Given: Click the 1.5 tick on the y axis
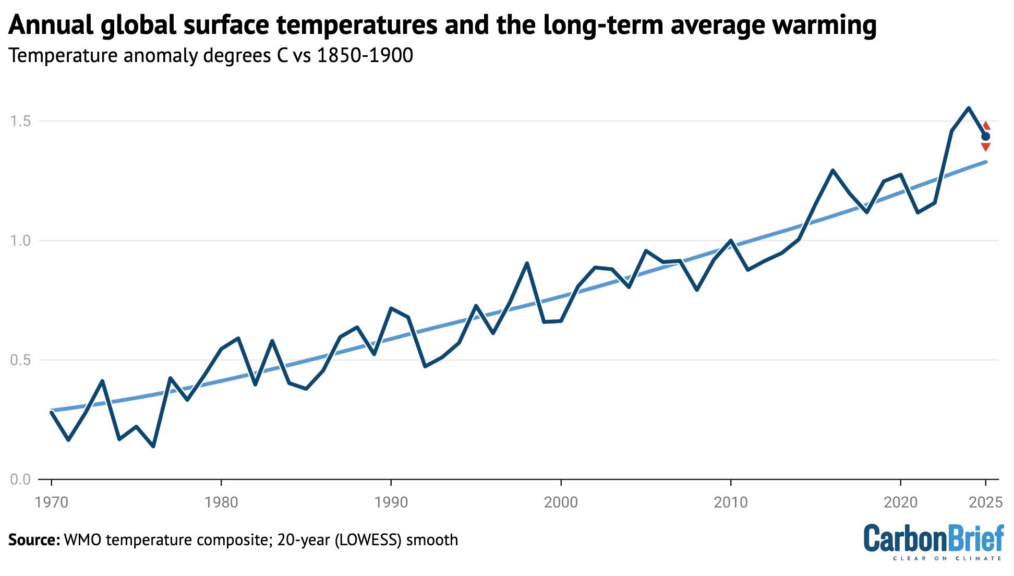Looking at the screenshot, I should pyautogui.click(x=20, y=122).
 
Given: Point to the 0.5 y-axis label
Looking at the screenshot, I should pyautogui.click(x=20, y=361).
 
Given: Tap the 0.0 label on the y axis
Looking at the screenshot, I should pyautogui.click(x=20, y=479).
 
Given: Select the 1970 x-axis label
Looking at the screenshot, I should pyautogui.click(x=51, y=502).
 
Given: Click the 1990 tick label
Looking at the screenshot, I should pyautogui.click(x=391, y=502).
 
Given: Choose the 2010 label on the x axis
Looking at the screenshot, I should pyautogui.click(x=731, y=502).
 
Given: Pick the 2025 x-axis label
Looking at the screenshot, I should pyautogui.click(x=985, y=502).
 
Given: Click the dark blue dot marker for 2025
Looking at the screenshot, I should pyautogui.click(x=986, y=137).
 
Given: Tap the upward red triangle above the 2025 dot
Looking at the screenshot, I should pyautogui.click(x=986, y=126).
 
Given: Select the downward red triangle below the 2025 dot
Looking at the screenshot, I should pyautogui.click(x=986, y=148).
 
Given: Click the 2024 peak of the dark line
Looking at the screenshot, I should pyautogui.click(x=969, y=108).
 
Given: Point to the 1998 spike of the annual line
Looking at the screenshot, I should pyautogui.click(x=527, y=263).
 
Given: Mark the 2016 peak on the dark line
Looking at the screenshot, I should pyautogui.click(x=832, y=170).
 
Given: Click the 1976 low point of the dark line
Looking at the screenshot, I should pyautogui.click(x=153, y=446).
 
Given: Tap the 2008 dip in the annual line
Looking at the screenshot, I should pyautogui.click(x=697, y=290).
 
